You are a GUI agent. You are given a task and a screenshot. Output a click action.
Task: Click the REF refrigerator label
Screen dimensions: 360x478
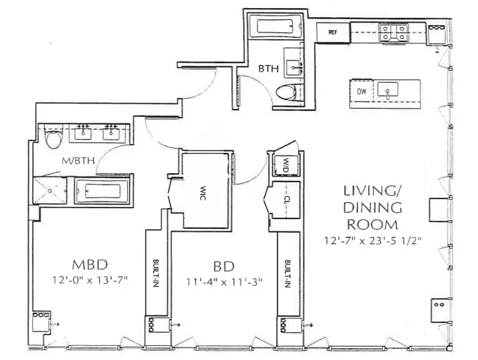(x=332, y=32)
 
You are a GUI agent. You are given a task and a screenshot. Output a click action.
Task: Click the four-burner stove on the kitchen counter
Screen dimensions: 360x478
(x=394, y=32)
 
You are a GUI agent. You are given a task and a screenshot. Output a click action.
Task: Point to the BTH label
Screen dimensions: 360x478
(x=268, y=69)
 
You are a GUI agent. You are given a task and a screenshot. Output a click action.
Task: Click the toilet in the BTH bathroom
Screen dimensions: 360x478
(x=289, y=92)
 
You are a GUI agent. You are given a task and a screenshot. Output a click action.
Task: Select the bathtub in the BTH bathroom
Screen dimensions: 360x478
(x=275, y=26)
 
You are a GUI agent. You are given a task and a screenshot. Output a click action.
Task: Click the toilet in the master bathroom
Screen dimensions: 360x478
(x=52, y=140)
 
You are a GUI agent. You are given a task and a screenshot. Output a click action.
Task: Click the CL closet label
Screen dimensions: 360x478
(x=286, y=199)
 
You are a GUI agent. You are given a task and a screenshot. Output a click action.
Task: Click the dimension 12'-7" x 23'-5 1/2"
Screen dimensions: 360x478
(x=374, y=240)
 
